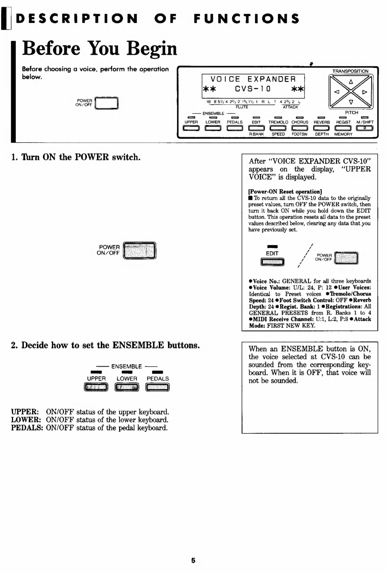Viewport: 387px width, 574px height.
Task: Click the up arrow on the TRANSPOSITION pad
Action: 350,82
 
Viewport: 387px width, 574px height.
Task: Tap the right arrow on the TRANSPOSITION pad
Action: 365,92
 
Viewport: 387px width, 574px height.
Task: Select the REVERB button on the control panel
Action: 322,128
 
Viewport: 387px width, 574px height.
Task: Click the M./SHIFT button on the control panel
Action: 365,128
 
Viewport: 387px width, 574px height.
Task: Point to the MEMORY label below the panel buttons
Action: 343,134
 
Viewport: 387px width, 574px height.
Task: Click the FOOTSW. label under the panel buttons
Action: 300,134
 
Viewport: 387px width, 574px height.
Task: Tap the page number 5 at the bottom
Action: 193,560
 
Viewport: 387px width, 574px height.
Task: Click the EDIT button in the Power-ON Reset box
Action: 272,261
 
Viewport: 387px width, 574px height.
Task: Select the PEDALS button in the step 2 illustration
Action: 158,387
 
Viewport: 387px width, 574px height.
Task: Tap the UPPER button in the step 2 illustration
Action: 96,387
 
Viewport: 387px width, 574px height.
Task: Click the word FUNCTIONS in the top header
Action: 246,18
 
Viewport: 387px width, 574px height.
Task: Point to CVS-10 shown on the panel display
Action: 252,89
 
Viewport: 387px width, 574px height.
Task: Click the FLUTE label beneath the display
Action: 242,107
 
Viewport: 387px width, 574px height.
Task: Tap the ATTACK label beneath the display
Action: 290,107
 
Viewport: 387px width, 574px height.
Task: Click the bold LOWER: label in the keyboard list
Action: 25,420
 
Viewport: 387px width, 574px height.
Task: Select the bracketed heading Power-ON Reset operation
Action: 285,191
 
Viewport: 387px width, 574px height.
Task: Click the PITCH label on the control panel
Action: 352,113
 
